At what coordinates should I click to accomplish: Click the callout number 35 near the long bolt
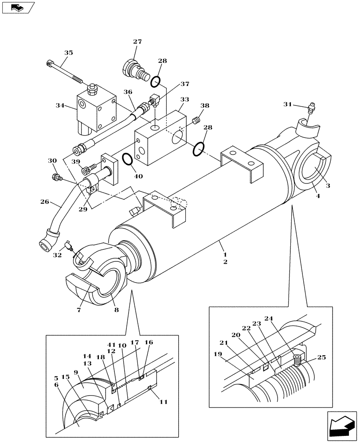click(x=68, y=53)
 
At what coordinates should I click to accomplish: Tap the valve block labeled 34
click(x=95, y=109)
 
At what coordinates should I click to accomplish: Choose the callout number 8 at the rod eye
click(x=116, y=311)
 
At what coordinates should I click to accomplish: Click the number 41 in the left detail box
click(x=111, y=345)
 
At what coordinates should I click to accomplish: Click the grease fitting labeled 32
click(x=68, y=246)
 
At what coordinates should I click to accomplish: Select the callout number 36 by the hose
click(x=128, y=92)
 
